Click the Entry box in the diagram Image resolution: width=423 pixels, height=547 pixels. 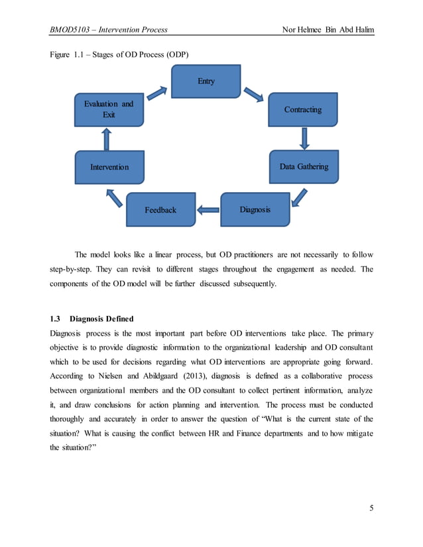206,81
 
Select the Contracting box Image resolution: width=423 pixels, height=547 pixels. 302,109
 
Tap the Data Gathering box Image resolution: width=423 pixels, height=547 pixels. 304,166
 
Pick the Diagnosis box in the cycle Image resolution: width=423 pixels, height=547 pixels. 255,209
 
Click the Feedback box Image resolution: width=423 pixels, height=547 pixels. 160,209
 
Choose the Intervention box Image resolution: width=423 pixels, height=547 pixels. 109,167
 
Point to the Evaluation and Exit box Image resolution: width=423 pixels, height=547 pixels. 109,109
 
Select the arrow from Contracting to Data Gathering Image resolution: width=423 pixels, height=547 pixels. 304,138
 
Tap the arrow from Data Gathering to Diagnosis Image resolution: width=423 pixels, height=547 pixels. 300,197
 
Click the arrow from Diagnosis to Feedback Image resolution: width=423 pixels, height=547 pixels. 208,211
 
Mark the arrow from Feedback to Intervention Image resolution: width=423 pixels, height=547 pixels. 115,196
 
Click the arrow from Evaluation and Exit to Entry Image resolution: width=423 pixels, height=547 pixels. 157,93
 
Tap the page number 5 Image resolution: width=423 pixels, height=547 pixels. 371,508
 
